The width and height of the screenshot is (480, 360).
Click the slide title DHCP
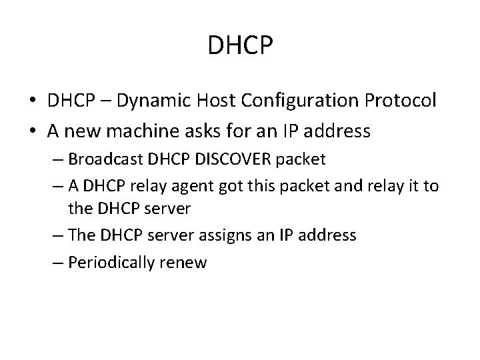[239, 45]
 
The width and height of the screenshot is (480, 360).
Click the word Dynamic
[157, 101]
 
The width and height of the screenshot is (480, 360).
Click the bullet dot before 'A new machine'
[33, 131]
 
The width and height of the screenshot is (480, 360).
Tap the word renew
[189, 263]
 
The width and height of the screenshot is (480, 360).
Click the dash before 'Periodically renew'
[59, 263]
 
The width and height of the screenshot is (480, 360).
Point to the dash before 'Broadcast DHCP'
[59, 161]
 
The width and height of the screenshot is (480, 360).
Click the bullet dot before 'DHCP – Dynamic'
[33, 101]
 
